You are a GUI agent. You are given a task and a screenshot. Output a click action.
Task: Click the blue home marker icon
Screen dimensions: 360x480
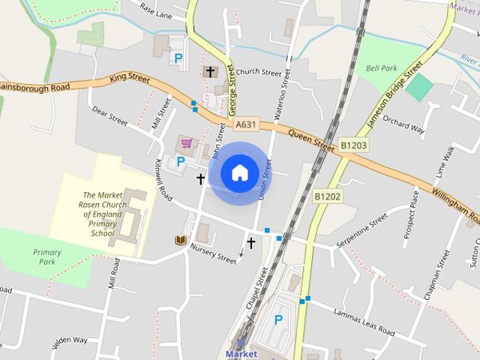[x=239, y=172]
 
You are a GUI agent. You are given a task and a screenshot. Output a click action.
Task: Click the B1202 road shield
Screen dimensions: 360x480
[x=327, y=196]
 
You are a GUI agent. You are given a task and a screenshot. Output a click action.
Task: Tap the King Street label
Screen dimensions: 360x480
[x=129, y=76]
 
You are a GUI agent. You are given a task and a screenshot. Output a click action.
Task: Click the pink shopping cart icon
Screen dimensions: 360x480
[x=185, y=142]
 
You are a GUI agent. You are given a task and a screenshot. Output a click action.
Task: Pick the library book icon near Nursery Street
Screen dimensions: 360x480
[x=180, y=240]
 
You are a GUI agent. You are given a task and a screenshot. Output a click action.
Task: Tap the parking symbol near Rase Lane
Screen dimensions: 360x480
[x=178, y=57]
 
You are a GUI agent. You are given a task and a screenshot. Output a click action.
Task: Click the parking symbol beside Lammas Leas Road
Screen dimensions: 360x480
[x=278, y=320]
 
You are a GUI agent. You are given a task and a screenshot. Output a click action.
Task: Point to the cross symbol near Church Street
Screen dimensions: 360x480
[x=209, y=72]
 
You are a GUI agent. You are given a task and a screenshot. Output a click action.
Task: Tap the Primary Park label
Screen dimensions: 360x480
[x=47, y=257]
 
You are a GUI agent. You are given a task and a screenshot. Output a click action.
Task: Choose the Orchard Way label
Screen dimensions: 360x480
[x=403, y=123]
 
